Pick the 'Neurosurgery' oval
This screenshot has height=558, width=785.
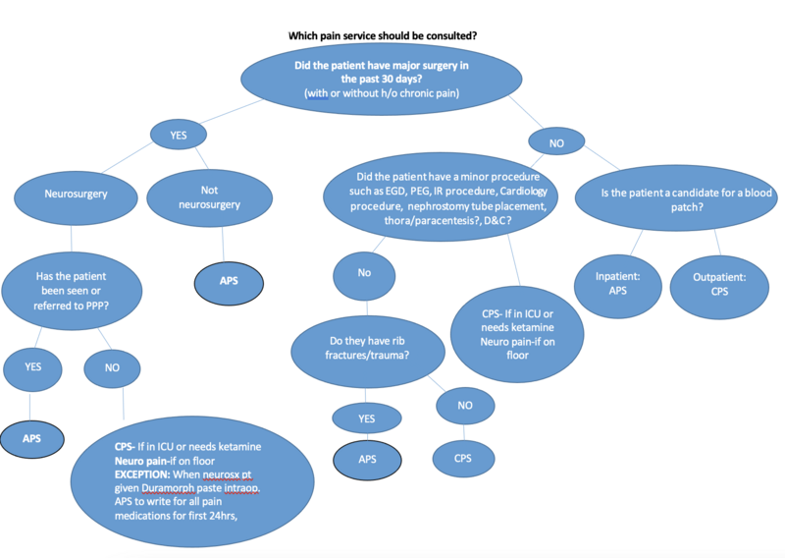[75, 195]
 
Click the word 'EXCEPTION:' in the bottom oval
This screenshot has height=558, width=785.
[146, 470]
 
